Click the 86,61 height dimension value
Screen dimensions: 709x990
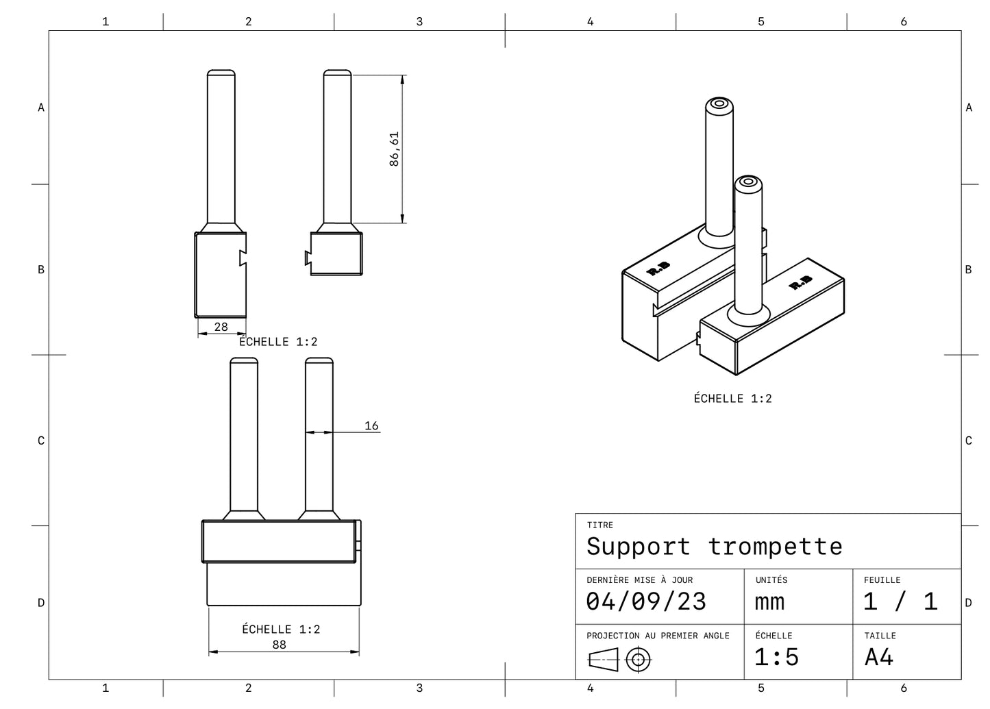(394, 149)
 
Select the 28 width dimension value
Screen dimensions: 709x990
(221, 327)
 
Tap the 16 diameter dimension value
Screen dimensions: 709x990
(371, 425)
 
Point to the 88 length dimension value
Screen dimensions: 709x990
(279, 645)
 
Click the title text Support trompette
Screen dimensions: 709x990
(714, 546)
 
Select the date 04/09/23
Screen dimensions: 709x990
(645, 601)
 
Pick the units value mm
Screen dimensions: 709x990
(769, 601)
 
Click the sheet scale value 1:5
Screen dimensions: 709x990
(776, 657)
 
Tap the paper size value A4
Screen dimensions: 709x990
(879, 657)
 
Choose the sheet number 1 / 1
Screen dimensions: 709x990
(900, 601)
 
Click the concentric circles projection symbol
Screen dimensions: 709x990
(639, 660)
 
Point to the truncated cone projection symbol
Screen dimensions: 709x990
(603, 660)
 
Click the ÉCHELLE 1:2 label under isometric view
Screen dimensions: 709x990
(732, 398)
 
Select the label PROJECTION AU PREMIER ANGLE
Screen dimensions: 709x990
(658, 636)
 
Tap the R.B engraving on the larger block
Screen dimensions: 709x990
(658, 269)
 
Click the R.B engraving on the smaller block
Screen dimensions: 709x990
(800, 282)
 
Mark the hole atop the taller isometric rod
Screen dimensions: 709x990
(719, 104)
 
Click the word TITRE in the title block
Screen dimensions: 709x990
(599, 525)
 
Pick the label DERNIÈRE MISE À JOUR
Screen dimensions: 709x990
(639, 580)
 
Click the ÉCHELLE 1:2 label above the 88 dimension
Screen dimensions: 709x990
(281, 629)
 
